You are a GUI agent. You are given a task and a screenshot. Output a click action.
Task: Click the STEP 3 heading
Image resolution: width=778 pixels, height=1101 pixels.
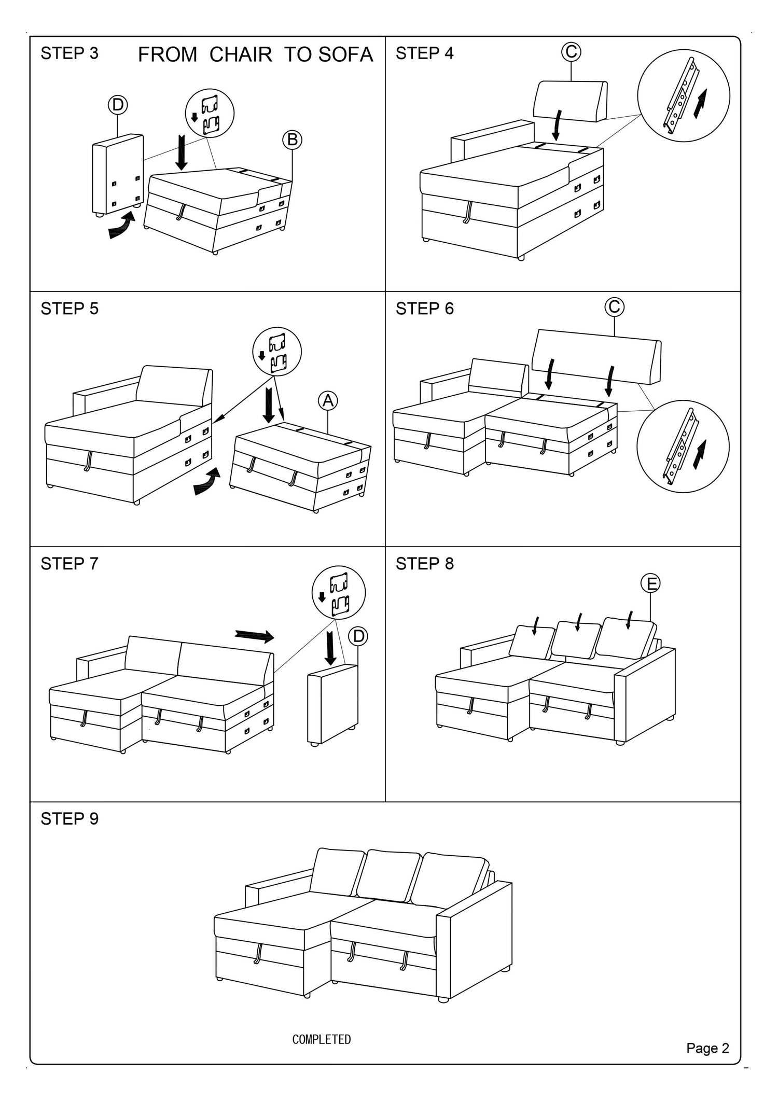point(70,53)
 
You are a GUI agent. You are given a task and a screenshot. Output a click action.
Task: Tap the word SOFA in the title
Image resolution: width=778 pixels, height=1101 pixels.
point(345,54)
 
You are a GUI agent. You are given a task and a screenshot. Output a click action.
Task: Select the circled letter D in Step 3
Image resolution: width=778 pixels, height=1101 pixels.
point(118,105)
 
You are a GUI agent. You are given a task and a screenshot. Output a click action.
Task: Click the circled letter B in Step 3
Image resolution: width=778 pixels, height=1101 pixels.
point(292,140)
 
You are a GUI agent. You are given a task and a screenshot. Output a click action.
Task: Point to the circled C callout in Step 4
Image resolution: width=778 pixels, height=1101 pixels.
point(571,51)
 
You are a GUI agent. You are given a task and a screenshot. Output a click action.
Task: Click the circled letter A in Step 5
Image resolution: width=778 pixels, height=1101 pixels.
point(328,401)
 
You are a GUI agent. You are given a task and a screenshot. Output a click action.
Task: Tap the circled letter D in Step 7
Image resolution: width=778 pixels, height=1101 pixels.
point(358,636)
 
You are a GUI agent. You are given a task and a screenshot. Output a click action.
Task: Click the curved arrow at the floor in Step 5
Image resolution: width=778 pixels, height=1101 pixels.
point(207,481)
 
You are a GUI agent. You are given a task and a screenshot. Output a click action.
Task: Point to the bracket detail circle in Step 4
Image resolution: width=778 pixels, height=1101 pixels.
point(683,95)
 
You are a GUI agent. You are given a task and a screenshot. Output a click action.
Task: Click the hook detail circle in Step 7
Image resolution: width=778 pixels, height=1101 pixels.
point(338,592)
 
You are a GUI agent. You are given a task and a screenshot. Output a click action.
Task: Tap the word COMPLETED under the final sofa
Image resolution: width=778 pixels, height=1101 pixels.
point(322,1039)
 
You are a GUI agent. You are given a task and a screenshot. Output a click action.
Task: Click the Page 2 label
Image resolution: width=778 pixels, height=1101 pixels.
point(707,1048)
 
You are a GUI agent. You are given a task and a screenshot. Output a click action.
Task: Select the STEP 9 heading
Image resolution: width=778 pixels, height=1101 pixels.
point(70,819)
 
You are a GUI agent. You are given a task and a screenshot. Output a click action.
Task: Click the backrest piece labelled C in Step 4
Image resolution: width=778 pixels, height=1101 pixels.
point(571,100)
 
